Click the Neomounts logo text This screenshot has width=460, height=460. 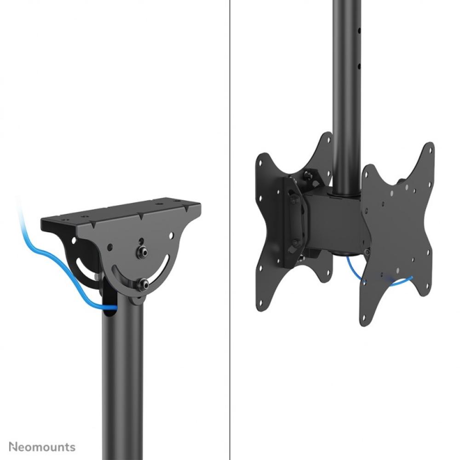coord(42,446)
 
